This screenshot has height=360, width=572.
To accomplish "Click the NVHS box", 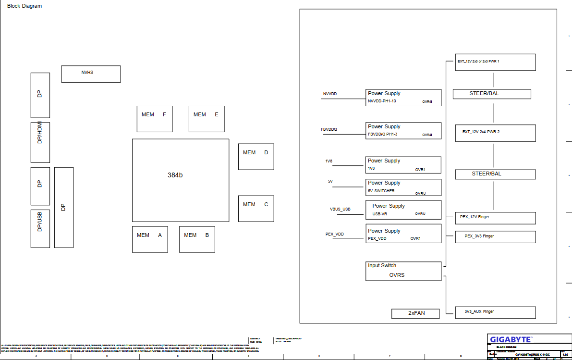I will click(91, 74).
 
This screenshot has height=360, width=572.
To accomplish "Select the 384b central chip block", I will click(181, 180).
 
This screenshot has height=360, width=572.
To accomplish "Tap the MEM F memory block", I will click(155, 119).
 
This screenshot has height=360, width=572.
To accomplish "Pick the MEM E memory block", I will click(207, 119).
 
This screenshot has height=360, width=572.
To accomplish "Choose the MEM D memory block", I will click(256, 156).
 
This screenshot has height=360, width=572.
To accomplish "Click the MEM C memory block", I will click(256, 208).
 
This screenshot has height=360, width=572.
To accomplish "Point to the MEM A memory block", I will click(150, 239).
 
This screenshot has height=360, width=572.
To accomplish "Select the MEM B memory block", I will click(197, 239).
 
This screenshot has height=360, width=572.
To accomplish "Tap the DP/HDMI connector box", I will click(40, 142).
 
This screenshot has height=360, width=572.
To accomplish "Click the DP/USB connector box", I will click(40, 228).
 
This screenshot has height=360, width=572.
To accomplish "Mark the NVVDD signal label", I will click(330, 94).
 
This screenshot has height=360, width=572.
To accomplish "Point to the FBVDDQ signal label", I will click(329, 130).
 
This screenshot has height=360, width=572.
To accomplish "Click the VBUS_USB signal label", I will click(340, 210).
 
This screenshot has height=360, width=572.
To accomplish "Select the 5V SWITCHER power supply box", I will click(403, 187).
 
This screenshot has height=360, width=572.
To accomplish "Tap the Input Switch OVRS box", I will click(403, 271).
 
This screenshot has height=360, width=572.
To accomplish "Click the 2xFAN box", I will click(415, 313).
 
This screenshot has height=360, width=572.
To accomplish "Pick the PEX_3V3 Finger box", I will click(495, 236).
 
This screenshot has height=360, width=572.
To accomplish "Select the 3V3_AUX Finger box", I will click(495, 312).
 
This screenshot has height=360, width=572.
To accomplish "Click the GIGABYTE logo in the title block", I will click(511, 339).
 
